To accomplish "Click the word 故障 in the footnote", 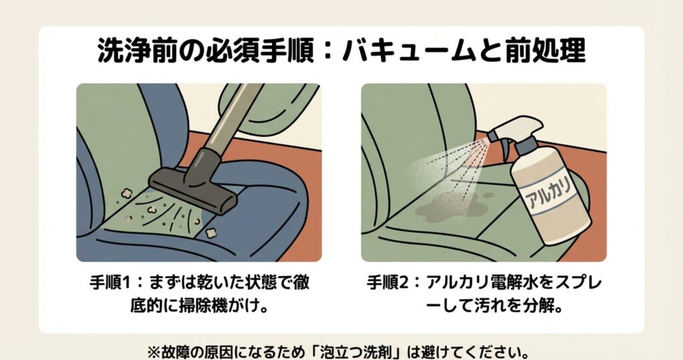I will pyautogui.click(x=175, y=349).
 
